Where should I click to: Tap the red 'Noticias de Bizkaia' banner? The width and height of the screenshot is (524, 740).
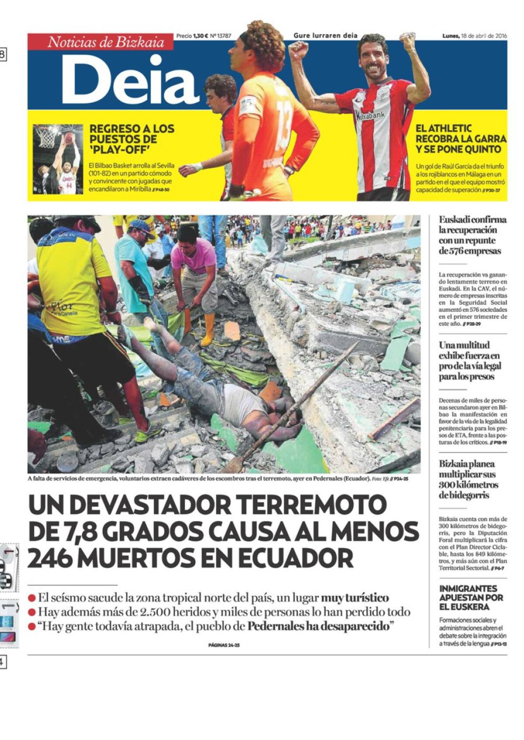point(106,42)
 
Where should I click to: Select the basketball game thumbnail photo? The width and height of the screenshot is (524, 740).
point(58,159)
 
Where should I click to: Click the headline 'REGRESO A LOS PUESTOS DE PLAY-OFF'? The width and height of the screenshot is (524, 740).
point(131,139)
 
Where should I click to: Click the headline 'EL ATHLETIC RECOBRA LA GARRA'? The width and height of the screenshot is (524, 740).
point(460,139)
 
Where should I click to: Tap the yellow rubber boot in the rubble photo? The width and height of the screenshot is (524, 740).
point(208,330)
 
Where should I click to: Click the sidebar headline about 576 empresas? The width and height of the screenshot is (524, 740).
point(472,235)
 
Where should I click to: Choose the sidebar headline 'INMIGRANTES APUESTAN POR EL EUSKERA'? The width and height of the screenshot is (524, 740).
point(471,597)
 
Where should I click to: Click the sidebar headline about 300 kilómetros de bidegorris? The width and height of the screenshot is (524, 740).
point(468,480)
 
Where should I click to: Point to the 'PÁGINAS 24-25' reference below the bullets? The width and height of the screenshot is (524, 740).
point(224,645)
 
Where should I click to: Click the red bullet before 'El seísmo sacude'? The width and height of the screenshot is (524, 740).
point(31,597)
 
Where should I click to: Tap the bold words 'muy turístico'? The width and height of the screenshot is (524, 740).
point(355,597)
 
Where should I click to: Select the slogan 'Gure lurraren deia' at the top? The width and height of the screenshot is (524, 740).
point(325,36)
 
